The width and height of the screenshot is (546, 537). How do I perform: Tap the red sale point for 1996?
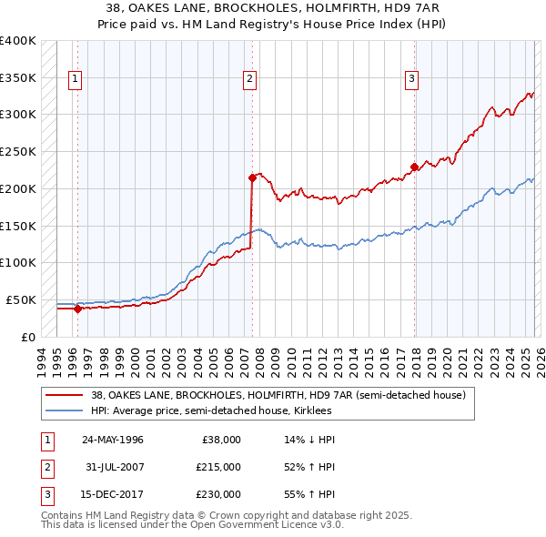[x=77, y=309]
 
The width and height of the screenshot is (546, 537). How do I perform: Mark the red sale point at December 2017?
[x=414, y=167]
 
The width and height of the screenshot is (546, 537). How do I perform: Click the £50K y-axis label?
[x=21, y=299]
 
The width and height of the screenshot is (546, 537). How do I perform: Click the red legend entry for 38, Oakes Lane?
[x=278, y=395]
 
